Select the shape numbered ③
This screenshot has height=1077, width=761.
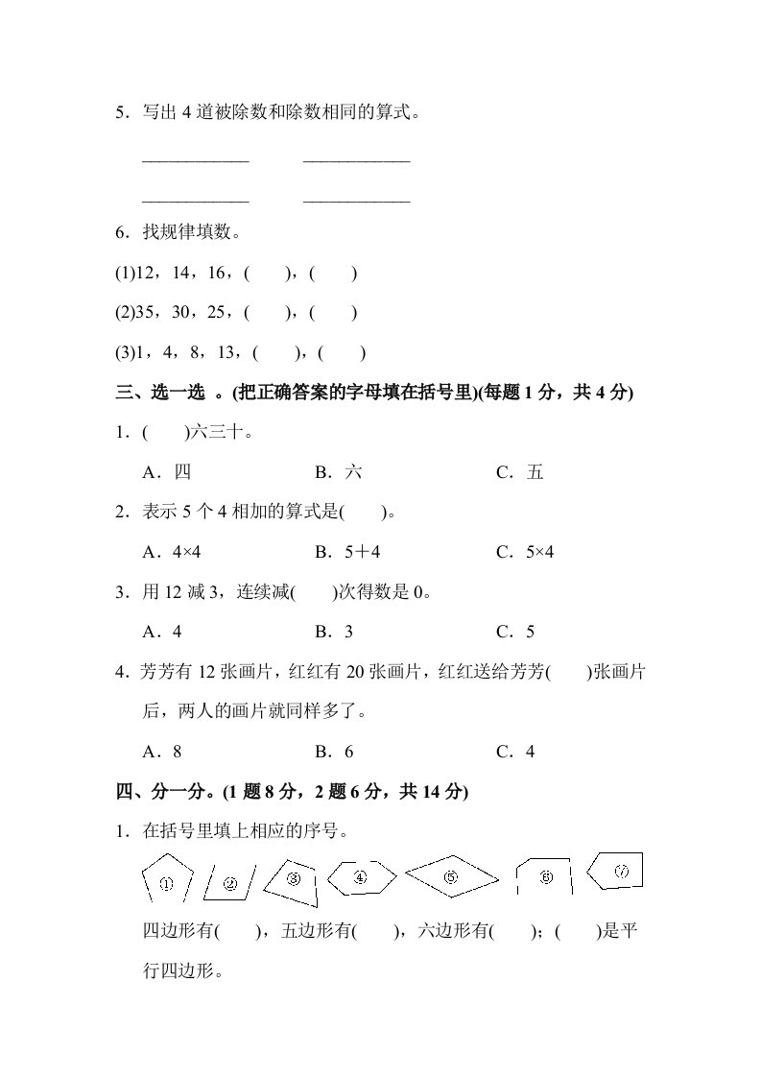294,878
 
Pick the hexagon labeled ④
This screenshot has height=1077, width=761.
360,876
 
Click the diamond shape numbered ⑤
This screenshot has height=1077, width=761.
451,875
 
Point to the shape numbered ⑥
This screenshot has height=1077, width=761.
545,877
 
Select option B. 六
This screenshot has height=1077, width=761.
339,472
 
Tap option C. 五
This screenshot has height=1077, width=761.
520,472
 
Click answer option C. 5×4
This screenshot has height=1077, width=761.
525,552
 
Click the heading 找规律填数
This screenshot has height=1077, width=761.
190,232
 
